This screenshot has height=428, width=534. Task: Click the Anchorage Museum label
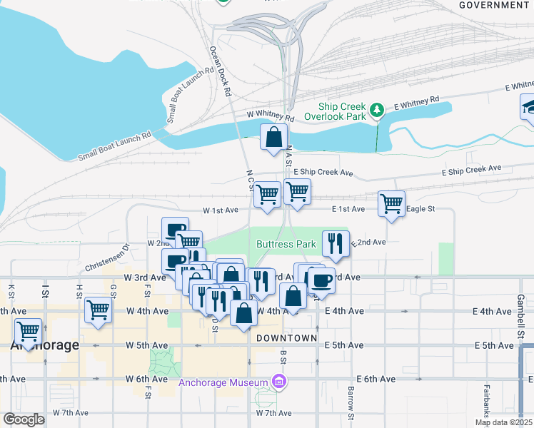(x=226, y=382)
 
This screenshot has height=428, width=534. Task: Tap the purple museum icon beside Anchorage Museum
(x=280, y=382)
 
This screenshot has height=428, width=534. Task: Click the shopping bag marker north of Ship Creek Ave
(x=273, y=138)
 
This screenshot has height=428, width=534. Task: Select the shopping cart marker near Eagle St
(x=391, y=204)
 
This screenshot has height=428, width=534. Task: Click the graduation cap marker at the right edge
(x=529, y=107)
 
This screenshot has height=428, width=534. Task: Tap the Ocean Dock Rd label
(x=221, y=72)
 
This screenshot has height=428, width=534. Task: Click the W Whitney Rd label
(x=271, y=115)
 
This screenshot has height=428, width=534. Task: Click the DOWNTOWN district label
(x=286, y=337)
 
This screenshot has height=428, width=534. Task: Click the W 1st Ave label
(x=220, y=210)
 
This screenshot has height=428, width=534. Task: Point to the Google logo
(x=24, y=419)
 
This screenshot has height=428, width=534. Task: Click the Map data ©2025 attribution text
(x=503, y=422)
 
